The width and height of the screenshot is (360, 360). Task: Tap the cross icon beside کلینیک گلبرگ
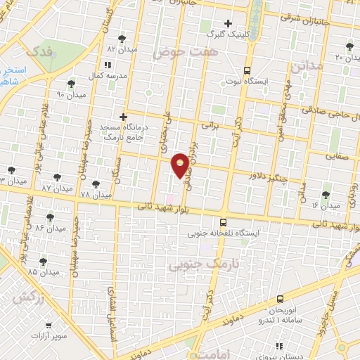pyautogui.click(x=229, y=23)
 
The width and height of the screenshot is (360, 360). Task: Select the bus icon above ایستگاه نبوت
pyautogui.click(x=246, y=70)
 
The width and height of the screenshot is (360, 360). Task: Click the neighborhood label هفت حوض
pyautogui.click(x=186, y=52)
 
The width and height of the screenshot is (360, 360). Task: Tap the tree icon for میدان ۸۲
pyautogui.click(x=122, y=39)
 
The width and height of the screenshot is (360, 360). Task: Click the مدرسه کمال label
pyautogui.click(x=127, y=75)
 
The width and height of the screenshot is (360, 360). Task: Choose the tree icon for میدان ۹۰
pyautogui.click(x=71, y=84)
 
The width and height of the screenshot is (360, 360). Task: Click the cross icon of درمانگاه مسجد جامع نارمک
pyautogui.click(x=123, y=117)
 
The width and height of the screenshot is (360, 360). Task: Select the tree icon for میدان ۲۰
pyautogui.click(x=349, y=46)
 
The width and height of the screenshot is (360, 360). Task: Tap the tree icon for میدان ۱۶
pyautogui.click(x=326, y=195)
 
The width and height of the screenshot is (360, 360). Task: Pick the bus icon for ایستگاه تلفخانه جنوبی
pyautogui.click(x=223, y=222)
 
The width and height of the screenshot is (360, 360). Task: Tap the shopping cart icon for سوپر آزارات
pyautogui.click(x=48, y=326)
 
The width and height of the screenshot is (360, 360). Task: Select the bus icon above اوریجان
pyautogui.click(x=280, y=300)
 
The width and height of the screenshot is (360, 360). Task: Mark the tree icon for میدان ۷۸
pyautogui.click(x=96, y=184)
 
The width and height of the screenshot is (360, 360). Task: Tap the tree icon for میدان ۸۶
pyautogui.click(x=49, y=218)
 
